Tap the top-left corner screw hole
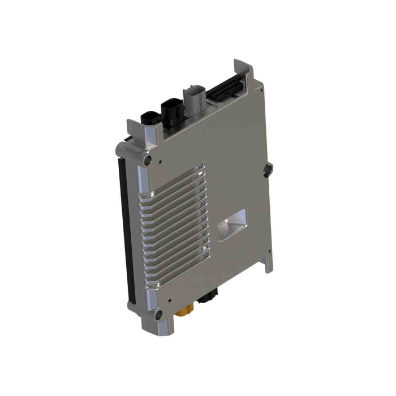click(149, 161)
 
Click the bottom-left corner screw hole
click(158, 315)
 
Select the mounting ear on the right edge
click(268, 167)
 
